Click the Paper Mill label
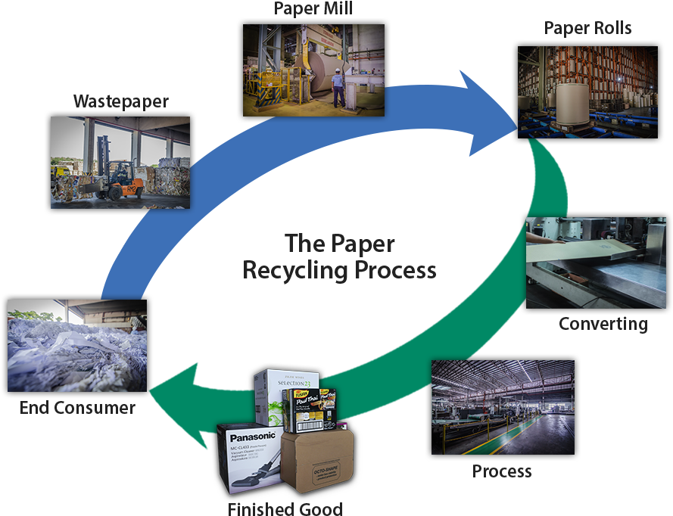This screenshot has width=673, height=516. [313, 10]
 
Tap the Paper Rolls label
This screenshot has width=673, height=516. [587, 29]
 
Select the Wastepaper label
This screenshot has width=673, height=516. [120, 101]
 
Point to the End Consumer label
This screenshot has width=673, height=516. [77, 408]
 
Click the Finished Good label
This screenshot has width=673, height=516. [285, 508]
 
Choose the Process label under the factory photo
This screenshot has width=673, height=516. [502, 471]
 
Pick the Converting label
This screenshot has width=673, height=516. [603, 325]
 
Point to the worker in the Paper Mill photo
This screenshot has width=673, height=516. [338, 88]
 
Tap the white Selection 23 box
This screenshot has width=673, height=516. [273, 393]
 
